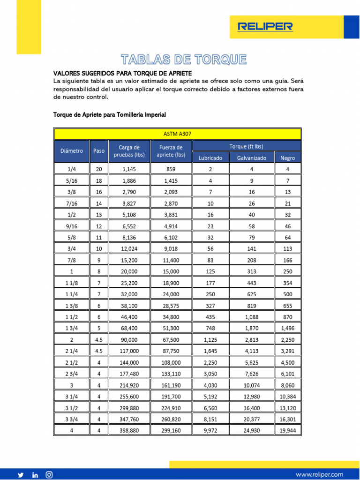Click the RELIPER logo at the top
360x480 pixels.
pyautogui.click(x=265, y=27)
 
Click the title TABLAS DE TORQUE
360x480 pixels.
pyautogui.click(x=183, y=60)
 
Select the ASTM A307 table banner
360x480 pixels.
pyautogui.click(x=177, y=134)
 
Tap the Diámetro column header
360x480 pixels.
pyautogui.click(x=72, y=151)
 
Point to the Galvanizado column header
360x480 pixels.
pyautogui.click(x=251, y=158)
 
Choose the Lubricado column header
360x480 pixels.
pyautogui.click(x=210, y=158)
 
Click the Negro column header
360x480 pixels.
pyautogui.click(x=287, y=158)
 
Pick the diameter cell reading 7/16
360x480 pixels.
pyautogui.click(x=72, y=203)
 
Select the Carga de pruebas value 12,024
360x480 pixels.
pyautogui.click(x=129, y=249)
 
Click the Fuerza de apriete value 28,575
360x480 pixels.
pyautogui.click(x=171, y=306)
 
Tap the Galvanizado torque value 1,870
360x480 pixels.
pyautogui.click(x=251, y=328)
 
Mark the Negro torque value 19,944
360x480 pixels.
pyautogui.click(x=287, y=430)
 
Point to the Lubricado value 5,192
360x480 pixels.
pyautogui.click(x=210, y=396)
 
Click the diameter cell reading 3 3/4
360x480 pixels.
pyautogui.click(x=72, y=419)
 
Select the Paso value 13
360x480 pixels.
pyautogui.click(x=98, y=215)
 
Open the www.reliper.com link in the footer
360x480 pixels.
pyautogui.click(x=319, y=474)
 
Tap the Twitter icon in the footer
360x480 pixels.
pyautogui.click(x=21, y=475)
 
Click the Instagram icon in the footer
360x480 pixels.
pyautogui.click(x=49, y=475)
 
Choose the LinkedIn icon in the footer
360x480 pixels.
pyautogui.click(x=35, y=475)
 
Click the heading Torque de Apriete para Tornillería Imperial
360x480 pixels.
pyautogui.click(x=110, y=114)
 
